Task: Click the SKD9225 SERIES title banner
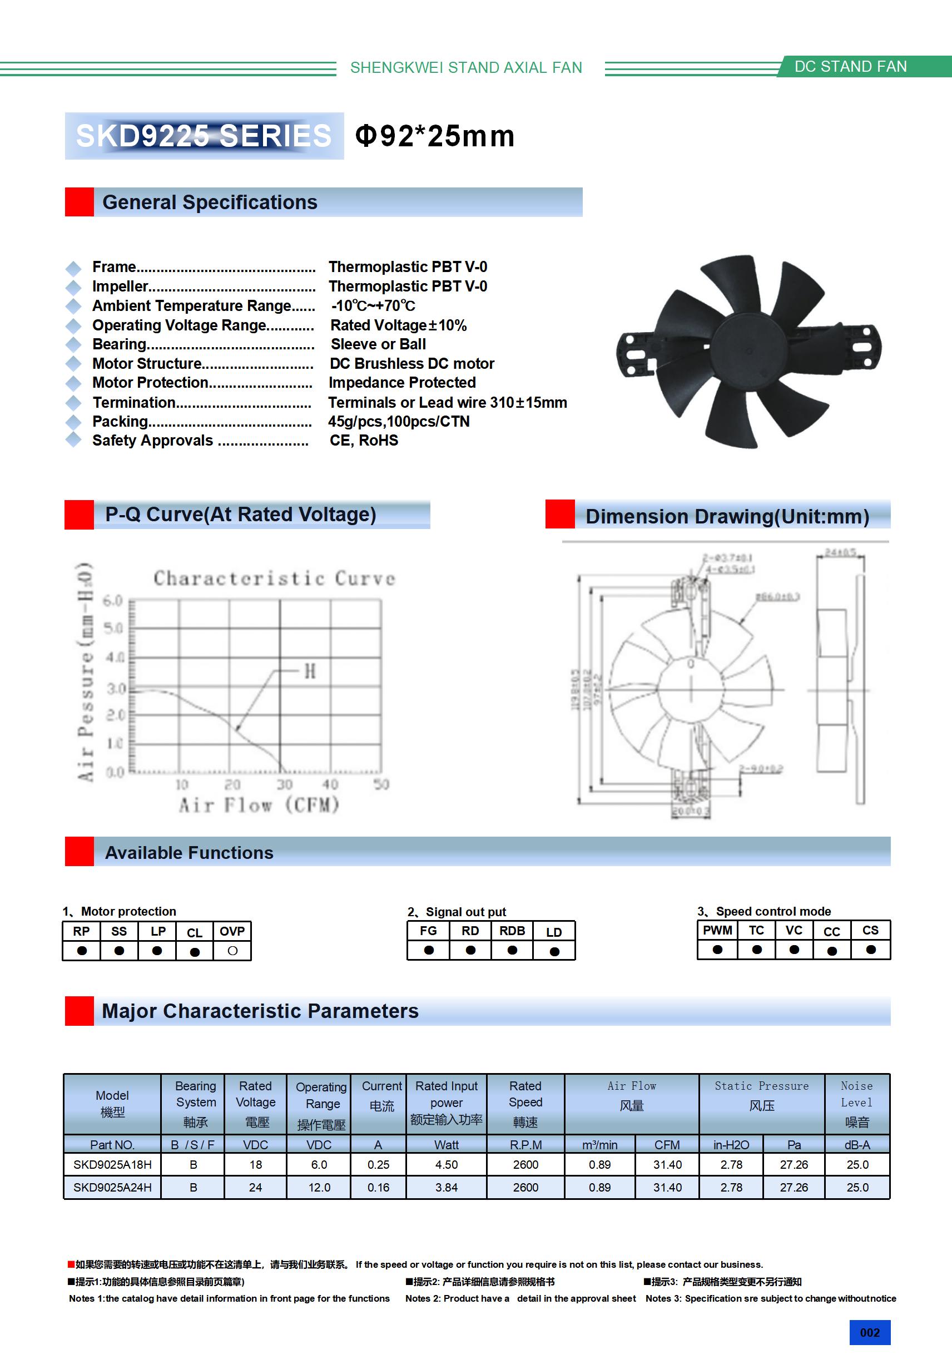coord(204,136)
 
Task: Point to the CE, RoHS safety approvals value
coord(364,441)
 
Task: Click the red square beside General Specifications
coord(80,202)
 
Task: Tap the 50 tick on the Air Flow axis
coord(381,784)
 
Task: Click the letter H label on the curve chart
coord(310,672)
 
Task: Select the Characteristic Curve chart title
coord(274,579)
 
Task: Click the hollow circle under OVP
coord(232,951)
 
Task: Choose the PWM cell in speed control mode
coord(717,931)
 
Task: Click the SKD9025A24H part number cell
coord(112,1188)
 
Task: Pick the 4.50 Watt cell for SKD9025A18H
coord(447,1165)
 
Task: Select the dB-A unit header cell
coord(857,1145)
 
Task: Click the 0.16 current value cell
coord(379,1188)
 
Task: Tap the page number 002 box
coord(870,1333)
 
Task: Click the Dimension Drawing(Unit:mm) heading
coord(727,516)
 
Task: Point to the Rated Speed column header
coord(525,1104)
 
